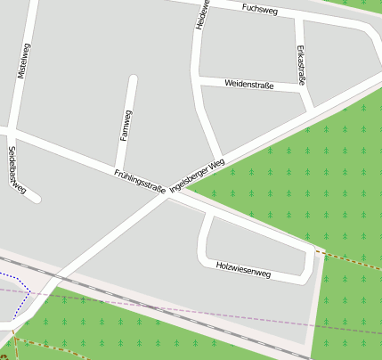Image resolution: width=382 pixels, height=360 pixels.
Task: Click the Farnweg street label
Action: point(126,126)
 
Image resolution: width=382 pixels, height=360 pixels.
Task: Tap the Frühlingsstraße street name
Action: point(140,180)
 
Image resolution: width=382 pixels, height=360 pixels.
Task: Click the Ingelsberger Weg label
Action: point(197,175)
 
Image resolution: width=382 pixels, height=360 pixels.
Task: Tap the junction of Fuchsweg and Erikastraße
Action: point(297,20)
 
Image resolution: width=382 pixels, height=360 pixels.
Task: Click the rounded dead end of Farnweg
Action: point(133,80)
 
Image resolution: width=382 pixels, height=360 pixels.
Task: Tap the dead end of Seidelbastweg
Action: point(37,199)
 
